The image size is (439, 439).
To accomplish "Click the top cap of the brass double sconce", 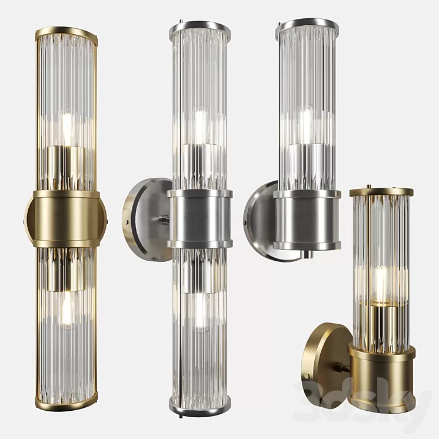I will [66, 31].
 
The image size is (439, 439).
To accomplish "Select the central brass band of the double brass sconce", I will [66, 218].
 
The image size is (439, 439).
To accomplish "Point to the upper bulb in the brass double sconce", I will [66, 127].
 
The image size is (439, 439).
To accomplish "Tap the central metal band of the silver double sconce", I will [199, 218].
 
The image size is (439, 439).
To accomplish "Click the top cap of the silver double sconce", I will [200, 27].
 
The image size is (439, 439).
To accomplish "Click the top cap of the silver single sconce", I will [307, 25].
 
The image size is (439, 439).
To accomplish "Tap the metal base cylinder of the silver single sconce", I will [307, 219].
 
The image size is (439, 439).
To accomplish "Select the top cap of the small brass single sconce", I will [381, 192].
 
